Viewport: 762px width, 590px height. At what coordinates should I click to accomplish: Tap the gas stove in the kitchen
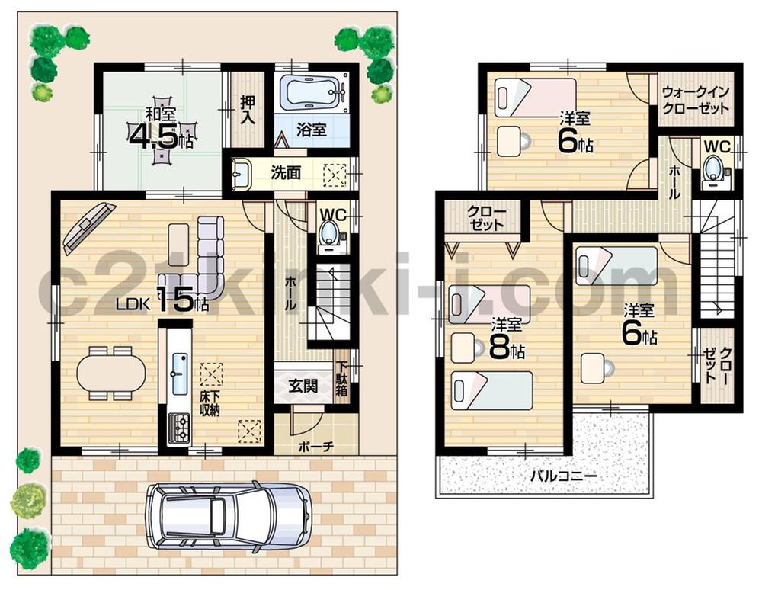coord(179,427)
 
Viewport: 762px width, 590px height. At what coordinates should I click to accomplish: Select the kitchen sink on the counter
coord(180,374)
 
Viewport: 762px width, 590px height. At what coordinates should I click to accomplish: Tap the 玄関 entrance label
coord(302,384)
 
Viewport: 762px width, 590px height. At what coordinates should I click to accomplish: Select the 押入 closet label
coord(248,109)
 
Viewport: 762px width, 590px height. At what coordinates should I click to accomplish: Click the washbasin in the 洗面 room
coord(242,175)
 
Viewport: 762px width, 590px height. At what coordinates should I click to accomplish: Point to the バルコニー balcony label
coord(563,476)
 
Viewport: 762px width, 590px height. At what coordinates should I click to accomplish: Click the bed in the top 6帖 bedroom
coord(533,97)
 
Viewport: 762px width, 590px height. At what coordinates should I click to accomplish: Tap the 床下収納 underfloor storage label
coord(210,404)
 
